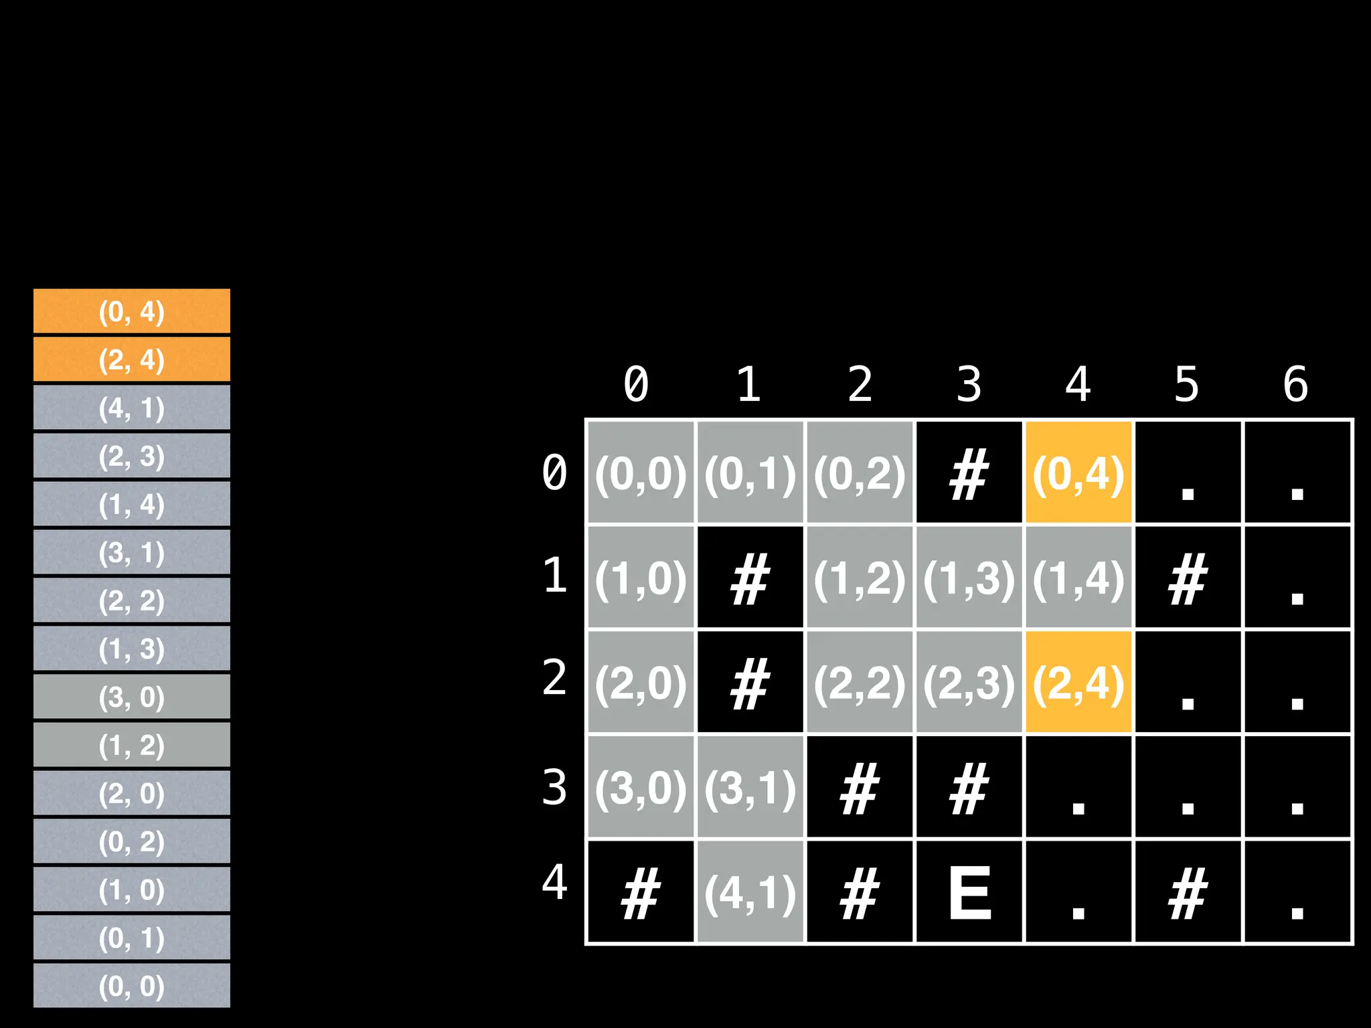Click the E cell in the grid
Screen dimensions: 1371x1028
point(969,892)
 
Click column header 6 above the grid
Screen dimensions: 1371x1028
point(1295,384)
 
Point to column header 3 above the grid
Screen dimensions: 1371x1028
point(969,384)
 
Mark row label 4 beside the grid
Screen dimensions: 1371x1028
point(554,882)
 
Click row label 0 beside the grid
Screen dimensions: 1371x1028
point(554,473)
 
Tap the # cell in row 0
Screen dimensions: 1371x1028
point(969,473)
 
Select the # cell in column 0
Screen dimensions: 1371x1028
point(641,892)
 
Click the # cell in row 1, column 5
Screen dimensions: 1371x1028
point(1187,578)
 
